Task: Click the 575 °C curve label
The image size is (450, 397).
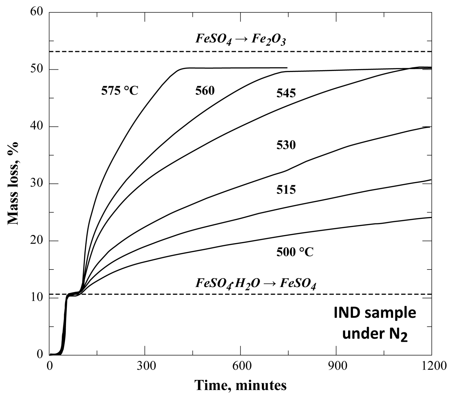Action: coord(120,91)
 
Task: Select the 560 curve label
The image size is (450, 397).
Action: coord(205,91)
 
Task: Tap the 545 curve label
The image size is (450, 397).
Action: coord(286,93)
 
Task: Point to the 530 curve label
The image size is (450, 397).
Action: coord(286,145)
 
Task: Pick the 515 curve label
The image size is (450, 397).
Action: coord(286,189)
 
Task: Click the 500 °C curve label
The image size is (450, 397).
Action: coord(295,252)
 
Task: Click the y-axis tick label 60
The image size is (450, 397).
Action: coord(37,12)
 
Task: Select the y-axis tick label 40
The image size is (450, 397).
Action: coord(37,127)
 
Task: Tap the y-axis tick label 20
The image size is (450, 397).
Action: coord(37,241)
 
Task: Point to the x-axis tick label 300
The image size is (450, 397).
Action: coord(145,366)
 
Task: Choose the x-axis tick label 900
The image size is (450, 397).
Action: coord(336,366)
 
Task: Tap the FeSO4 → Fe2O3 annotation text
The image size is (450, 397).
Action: coord(241,40)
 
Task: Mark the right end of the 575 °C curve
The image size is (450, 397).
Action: coord(287,68)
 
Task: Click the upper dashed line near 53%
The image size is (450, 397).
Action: coord(152,51)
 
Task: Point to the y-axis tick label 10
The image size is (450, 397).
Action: coord(37,298)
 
